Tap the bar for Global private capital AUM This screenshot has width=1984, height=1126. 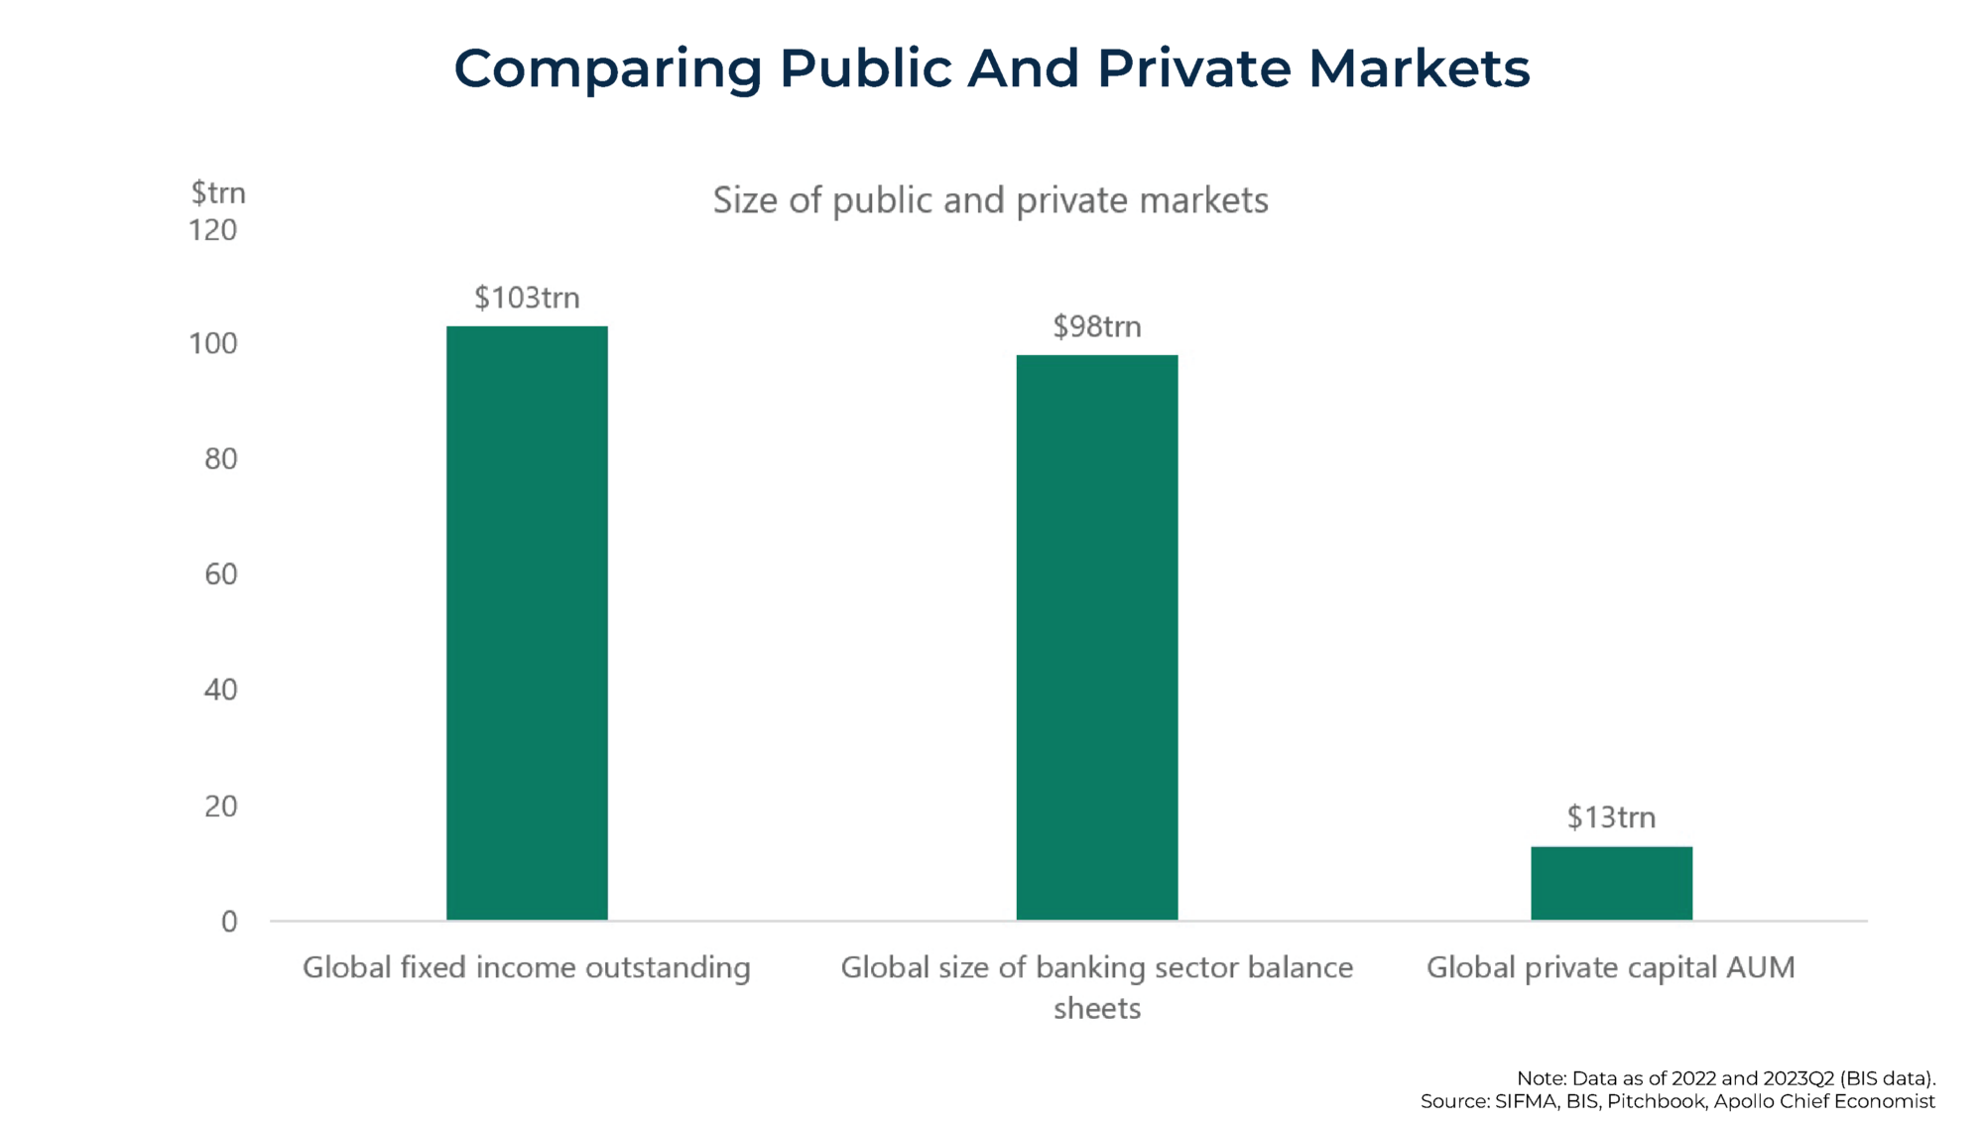coord(1611,883)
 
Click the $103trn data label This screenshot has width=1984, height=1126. coord(527,298)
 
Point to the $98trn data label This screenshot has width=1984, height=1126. coord(1096,326)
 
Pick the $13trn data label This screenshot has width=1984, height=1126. coord(1611,817)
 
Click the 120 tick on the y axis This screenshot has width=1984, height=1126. coord(213,230)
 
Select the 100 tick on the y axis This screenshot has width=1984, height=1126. coord(213,344)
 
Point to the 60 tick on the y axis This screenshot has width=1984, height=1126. coord(220,574)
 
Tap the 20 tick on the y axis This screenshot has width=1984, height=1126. coord(220,806)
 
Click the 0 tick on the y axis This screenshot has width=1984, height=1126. coord(229,922)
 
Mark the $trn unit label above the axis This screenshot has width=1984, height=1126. coord(218,192)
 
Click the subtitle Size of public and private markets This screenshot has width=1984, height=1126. coord(990,200)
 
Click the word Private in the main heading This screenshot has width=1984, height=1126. coord(1193,68)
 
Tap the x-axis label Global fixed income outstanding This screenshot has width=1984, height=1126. coord(526,967)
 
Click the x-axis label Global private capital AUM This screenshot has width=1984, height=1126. coord(1610,967)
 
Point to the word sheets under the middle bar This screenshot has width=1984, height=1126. coord(1096,1009)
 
